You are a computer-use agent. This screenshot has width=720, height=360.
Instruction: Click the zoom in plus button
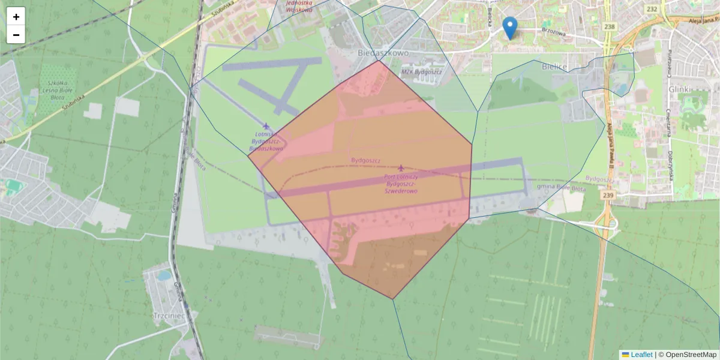[x=16, y=17]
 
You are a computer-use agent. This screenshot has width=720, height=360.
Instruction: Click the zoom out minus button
[x=16, y=35]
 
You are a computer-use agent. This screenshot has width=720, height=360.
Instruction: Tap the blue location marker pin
[x=510, y=28]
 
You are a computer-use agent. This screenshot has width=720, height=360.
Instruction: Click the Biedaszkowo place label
[x=383, y=53]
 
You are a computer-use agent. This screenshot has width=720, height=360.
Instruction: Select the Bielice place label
[x=554, y=66]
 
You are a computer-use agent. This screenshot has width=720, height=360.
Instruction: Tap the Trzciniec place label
[x=167, y=314]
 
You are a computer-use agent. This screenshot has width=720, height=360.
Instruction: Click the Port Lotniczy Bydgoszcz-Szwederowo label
[x=401, y=184]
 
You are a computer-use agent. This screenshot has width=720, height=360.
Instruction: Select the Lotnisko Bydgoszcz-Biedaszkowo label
[x=266, y=140]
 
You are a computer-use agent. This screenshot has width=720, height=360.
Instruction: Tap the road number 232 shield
[x=653, y=9]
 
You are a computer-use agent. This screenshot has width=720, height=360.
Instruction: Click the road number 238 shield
[x=610, y=26]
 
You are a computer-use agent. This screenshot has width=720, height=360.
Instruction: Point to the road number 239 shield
[x=609, y=196]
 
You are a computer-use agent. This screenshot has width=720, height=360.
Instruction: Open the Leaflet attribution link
[x=641, y=355]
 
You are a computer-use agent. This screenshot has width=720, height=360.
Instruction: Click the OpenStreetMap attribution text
[x=691, y=355]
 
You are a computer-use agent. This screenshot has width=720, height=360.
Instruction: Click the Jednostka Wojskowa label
[x=299, y=6]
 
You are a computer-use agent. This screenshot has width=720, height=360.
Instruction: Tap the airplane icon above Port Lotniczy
[x=401, y=167]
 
